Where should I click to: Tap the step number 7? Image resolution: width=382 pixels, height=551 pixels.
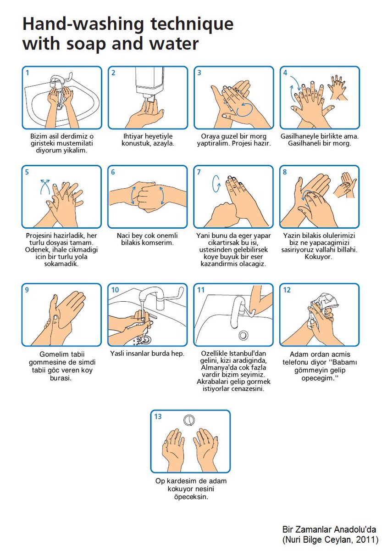(x=199, y=172)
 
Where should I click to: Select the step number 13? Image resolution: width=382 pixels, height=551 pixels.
(x=158, y=416)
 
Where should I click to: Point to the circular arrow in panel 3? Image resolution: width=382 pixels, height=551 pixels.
(x=245, y=109)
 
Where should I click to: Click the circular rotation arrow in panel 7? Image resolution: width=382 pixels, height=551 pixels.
(x=216, y=184)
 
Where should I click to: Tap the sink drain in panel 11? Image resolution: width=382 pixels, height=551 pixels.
(x=243, y=335)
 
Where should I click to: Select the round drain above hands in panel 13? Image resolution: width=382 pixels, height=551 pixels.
(x=189, y=420)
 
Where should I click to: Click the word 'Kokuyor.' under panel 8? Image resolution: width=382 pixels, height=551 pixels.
(x=318, y=257)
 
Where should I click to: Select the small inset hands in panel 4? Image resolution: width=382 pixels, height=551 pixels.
(x=338, y=87)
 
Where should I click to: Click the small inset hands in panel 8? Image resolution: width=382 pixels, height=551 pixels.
(x=345, y=185)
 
